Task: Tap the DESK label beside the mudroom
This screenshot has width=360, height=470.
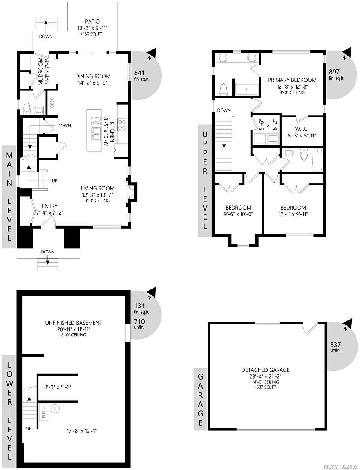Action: click(x=52, y=103)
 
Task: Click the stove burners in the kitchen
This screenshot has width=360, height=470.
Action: click(x=122, y=124)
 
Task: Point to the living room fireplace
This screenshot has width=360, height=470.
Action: click(x=130, y=192)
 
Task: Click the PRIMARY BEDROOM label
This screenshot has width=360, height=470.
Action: click(x=292, y=80)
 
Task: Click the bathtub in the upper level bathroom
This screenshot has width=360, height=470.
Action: click(x=317, y=160)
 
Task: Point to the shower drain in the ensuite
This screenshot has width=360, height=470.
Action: click(x=247, y=89)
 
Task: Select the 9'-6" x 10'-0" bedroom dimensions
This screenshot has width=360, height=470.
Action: click(x=238, y=214)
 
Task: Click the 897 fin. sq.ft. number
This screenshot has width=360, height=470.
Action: click(x=334, y=72)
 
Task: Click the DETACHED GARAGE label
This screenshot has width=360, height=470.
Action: click(x=260, y=370)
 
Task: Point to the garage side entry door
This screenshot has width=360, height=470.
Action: click(x=312, y=329)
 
